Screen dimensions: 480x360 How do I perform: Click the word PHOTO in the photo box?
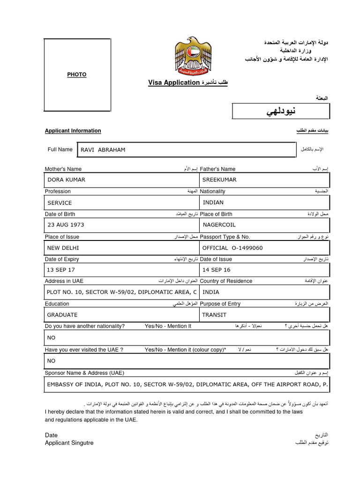[77, 75]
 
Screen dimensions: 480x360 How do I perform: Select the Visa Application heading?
[174, 82]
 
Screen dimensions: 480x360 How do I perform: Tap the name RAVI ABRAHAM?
[103, 150]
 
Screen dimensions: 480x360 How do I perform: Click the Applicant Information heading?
[73, 131]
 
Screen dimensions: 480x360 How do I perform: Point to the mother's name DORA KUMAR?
[67, 180]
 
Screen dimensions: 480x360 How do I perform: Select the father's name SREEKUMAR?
[219, 180]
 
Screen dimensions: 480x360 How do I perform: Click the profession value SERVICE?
[60, 202]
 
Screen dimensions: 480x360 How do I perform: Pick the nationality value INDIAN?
[213, 202]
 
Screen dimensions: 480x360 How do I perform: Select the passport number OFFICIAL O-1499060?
[232, 248]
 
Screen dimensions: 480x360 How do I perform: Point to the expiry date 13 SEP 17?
[61, 270]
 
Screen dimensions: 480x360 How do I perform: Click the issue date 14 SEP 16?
[217, 270]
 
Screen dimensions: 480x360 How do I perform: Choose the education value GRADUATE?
[63, 315]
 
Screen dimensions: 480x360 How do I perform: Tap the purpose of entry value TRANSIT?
[214, 315]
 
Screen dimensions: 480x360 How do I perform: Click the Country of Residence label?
[226, 281]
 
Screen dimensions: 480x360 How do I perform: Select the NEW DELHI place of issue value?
[63, 248]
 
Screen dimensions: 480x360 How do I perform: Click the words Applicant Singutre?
[69, 443]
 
